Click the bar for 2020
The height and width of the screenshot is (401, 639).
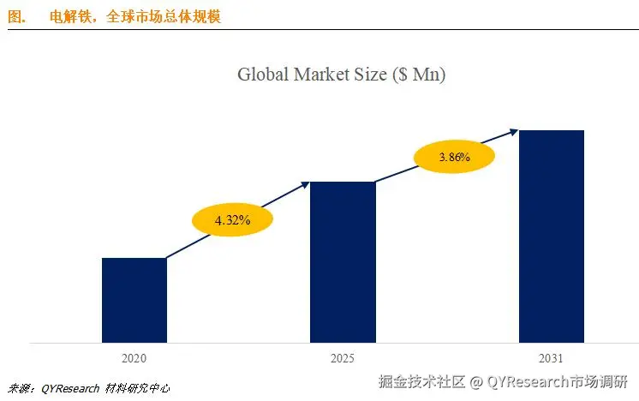(134, 300)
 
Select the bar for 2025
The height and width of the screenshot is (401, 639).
(343, 262)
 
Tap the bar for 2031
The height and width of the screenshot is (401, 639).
(552, 236)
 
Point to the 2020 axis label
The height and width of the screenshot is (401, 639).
(134, 358)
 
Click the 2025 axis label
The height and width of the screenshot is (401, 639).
(342, 358)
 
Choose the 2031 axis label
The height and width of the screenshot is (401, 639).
(552, 358)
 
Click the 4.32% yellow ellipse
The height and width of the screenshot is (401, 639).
(232, 220)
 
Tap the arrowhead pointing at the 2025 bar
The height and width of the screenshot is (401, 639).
(305, 183)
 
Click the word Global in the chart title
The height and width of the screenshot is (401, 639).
(263, 75)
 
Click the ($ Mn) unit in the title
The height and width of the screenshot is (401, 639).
(420, 75)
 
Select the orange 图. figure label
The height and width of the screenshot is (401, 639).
(17, 16)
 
